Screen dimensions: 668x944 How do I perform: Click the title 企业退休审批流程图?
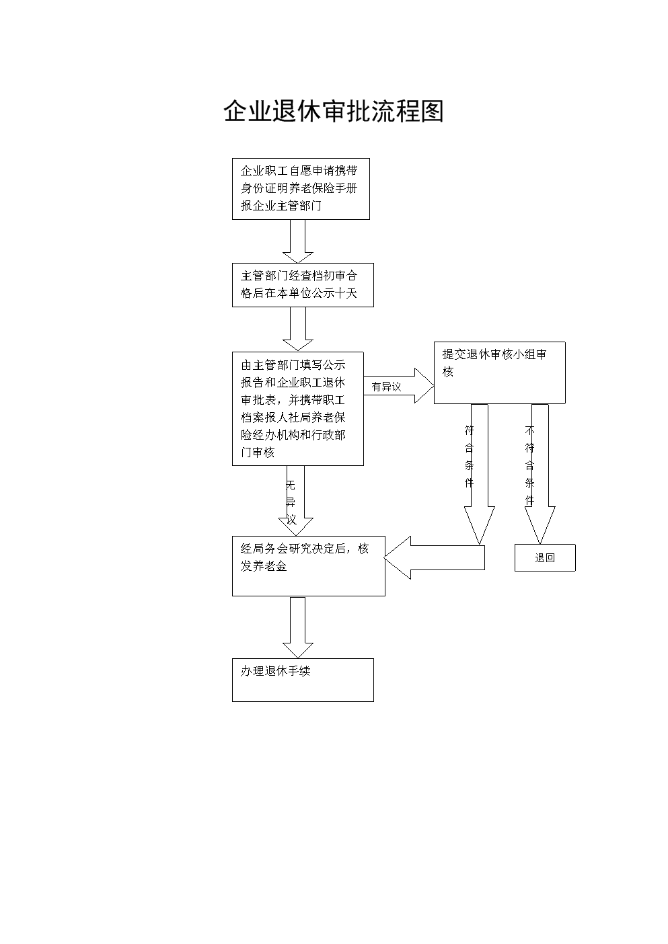(334, 111)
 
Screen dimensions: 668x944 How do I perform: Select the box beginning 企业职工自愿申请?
(301, 189)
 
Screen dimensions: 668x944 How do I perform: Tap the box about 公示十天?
(303, 285)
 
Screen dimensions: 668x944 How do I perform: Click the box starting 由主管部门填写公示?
(298, 409)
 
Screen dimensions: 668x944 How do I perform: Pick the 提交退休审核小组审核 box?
(500, 372)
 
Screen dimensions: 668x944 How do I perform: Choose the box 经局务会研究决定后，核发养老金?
(309, 566)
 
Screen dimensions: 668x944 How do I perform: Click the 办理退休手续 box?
(303, 680)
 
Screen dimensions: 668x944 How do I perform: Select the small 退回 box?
(545, 557)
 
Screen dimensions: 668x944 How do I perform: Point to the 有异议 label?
(386, 387)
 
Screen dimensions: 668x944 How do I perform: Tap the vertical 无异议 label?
(291, 502)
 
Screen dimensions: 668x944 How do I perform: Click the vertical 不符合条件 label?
(529, 465)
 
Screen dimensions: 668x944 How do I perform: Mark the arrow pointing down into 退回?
(540, 474)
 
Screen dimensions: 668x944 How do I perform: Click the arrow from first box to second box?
(298, 241)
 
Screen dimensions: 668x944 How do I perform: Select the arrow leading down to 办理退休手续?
(298, 627)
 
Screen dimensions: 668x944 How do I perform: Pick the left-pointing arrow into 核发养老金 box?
(435, 557)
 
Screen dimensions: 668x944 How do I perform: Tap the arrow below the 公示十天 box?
(298, 329)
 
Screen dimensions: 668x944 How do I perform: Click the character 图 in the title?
(432, 111)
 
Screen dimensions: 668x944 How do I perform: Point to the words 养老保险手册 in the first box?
(323, 188)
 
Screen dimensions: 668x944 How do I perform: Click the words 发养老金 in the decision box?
(264, 566)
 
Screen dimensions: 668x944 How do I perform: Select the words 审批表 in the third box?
(258, 399)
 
